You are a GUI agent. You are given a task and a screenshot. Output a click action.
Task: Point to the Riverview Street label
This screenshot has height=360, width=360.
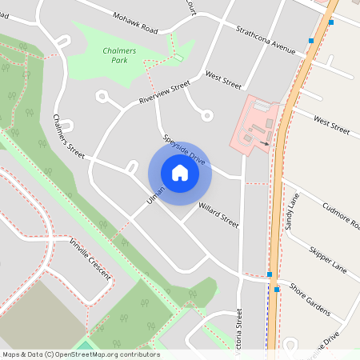point(163,92)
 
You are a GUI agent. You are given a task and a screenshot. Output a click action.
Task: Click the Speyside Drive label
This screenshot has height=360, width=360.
point(185,150)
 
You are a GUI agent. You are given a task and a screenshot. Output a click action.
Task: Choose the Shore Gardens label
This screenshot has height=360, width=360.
point(310,298)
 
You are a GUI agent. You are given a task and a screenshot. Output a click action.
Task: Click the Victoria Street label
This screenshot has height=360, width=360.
point(238,332)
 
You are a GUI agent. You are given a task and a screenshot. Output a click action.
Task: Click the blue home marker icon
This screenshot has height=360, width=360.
point(179,172)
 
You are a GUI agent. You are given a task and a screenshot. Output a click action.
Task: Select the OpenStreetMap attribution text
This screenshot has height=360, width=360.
point(80,354)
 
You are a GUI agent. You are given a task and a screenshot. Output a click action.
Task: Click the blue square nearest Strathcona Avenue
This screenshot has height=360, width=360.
point(310,40)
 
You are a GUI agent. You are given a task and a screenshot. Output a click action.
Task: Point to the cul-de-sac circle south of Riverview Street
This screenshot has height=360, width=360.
point(207,116)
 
